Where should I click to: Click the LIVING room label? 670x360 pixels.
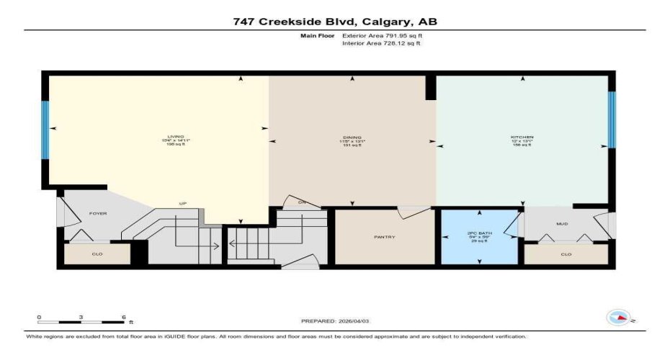pos(176,137)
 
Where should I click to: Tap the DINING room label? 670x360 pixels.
pos(352,137)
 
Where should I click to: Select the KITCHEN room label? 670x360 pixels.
pos(522,137)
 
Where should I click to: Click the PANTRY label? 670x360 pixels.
pos(385,237)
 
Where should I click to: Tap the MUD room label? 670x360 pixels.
pos(562,224)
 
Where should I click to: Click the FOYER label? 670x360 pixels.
pos(98,213)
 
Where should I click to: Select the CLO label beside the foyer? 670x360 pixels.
pos(98,253)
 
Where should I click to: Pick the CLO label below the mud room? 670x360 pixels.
pos(566,254)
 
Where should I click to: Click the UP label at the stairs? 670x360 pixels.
pos(183,204)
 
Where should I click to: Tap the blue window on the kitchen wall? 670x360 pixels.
pos(612,120)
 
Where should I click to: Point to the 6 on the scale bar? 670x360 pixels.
pos(124,317)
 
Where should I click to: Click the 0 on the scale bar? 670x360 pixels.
pos(40,317)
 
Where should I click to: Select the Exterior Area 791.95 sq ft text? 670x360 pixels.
pos(382,35)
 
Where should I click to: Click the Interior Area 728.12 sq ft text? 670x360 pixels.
pos(381,43)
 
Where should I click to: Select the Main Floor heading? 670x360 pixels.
pos(315,35)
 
